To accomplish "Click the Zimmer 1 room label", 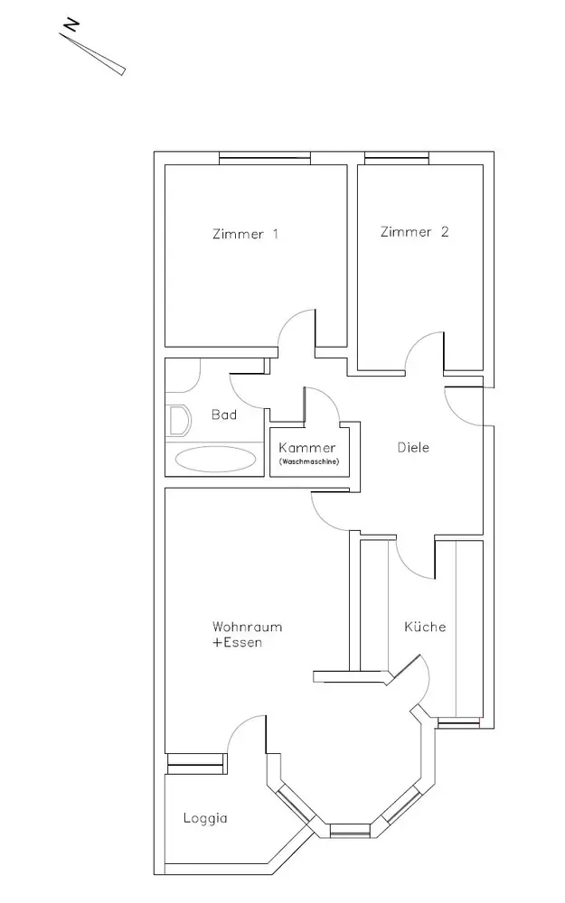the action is tap(245, 235).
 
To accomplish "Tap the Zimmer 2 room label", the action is tap(415, 232).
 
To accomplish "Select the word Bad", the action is tap(223, 415).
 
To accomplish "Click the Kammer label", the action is tap(307, 448).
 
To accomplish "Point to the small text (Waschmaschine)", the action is tap(307, 462).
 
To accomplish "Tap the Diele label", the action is tap(414, 447).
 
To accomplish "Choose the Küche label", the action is tap(425, 627).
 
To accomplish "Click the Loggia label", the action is tap(204, 819).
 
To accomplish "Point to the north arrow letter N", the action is tap(71, 26).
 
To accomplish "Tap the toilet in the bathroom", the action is tap(178, 419).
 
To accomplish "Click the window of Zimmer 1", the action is tap(266, 160).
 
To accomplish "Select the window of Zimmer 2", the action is tap(397, 160).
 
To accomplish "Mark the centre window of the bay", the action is tap(349, 828).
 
